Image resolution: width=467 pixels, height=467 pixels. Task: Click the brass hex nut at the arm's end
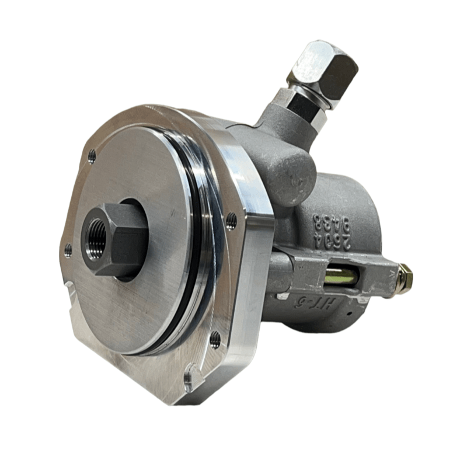(405, 278)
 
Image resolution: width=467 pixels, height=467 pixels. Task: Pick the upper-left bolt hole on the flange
(92, 156)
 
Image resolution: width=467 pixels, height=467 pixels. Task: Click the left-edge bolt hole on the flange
(68, 251)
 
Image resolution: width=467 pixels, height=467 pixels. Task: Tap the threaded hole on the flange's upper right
(232, 220)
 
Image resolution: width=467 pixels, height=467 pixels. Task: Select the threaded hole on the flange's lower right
(215, 338)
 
